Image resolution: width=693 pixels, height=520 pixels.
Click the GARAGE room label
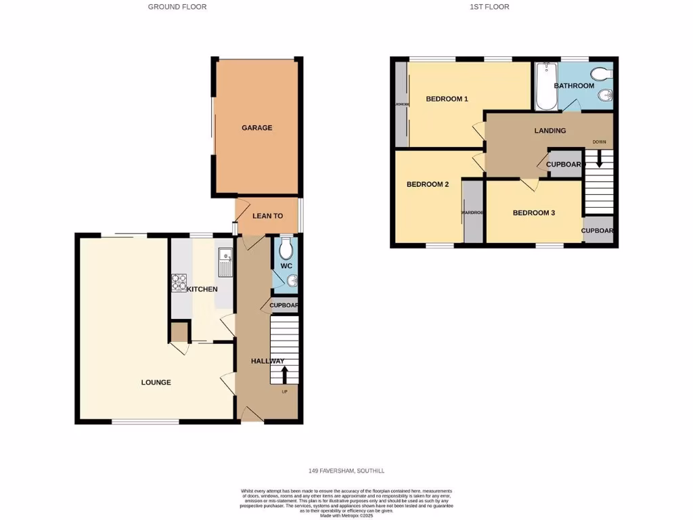click(257, 127)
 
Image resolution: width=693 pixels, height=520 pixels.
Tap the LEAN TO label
click(267, 216)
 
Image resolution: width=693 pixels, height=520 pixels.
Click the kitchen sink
click(225, 263)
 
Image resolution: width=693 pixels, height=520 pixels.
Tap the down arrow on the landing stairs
click(599, 161)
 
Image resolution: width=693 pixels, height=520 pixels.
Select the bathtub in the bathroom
click(545, 87)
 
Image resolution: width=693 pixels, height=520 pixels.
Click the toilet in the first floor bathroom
click(600, 74)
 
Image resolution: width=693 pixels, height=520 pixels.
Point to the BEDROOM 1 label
click(447, 99)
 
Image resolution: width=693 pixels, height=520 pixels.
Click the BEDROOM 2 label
click(428, 184)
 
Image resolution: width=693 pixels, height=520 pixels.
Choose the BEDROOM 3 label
click(533, 213)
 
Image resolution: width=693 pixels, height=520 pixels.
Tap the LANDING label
click(550, 131)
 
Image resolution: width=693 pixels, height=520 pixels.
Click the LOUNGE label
click(156, 383)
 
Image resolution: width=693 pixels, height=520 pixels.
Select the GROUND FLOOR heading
click(177, 7)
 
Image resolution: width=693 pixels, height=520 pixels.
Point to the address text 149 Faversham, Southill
click(346, 471)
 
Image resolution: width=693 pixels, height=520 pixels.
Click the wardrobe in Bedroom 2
click(473, 212)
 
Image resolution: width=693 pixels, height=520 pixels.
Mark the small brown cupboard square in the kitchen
click(179, 332)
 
